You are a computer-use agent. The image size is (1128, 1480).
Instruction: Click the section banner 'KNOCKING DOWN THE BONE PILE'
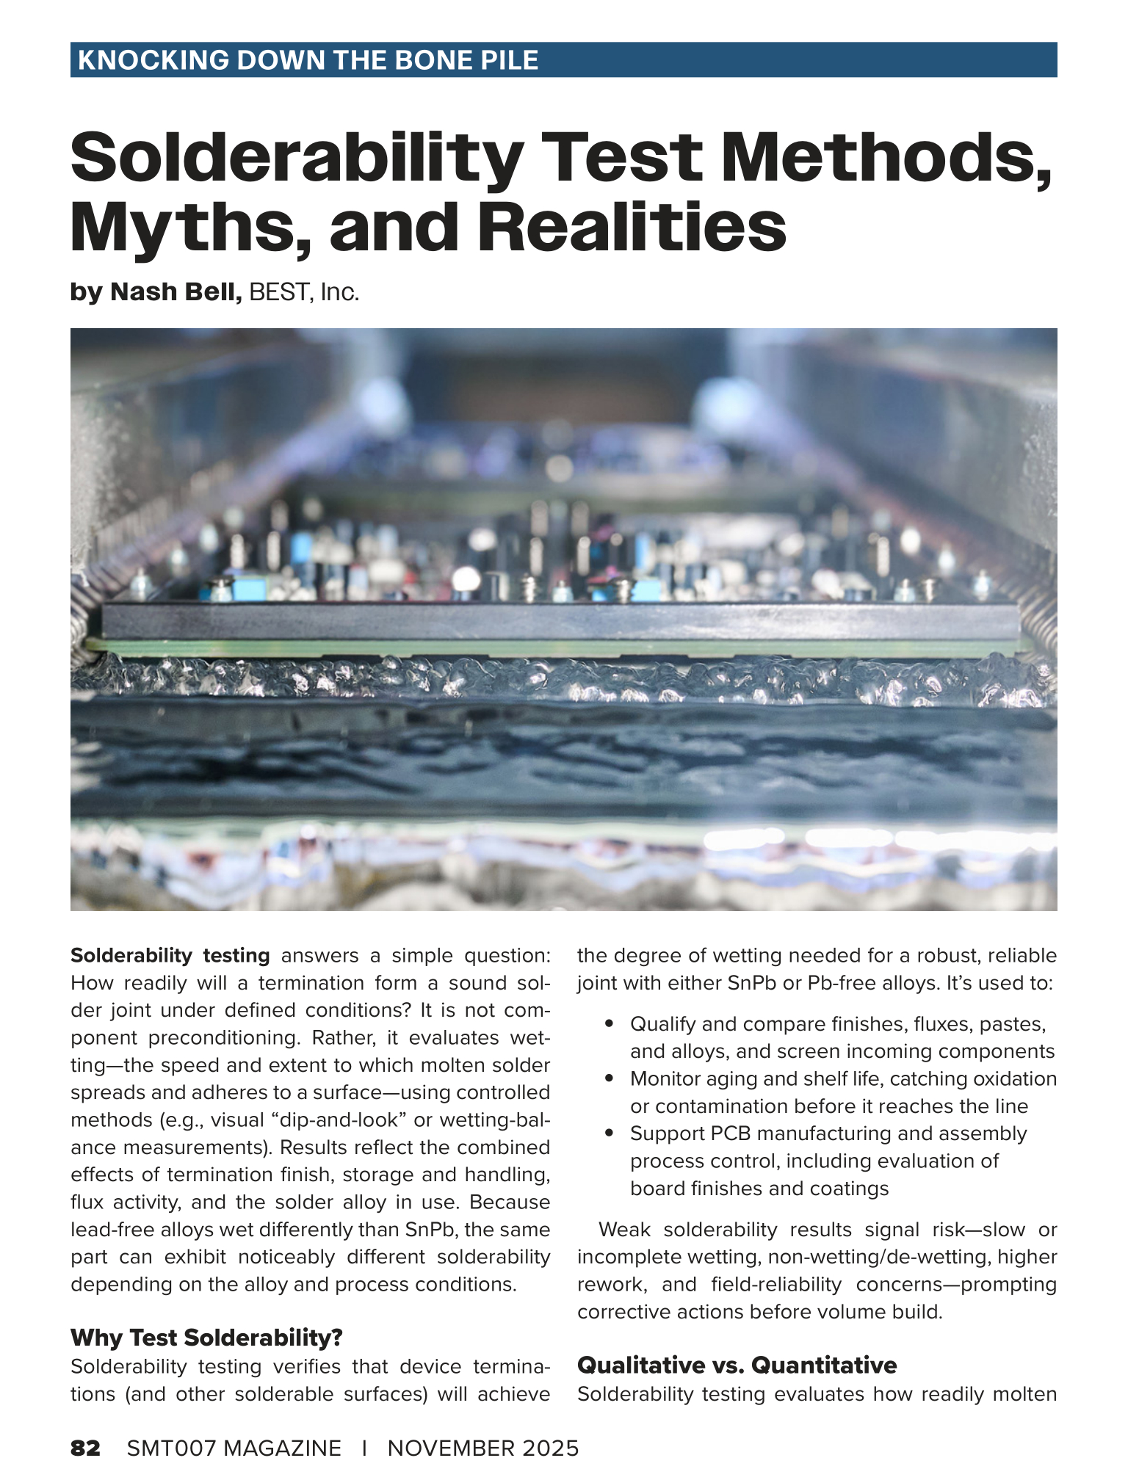click(x=308, y=60)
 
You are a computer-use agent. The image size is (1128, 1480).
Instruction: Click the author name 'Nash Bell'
click(x=176, y=292)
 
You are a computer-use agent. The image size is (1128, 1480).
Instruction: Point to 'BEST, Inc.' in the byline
click(x=304, y=292)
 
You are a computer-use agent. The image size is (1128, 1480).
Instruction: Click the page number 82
click(x=85, y=1448)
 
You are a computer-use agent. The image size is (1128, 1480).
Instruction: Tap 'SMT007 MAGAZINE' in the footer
click(x=234, y=1448)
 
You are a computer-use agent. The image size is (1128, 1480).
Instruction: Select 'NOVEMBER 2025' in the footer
click(x=483, y=1448)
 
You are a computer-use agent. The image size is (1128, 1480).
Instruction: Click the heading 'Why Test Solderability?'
click(x=206, y=1338)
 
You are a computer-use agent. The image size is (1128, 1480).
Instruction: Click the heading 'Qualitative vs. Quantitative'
click(x=737, y=1365)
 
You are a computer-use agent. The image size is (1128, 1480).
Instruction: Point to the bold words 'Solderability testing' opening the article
click(x=170, y=955)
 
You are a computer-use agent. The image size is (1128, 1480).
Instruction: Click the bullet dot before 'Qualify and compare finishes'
click(x=608, y=1023)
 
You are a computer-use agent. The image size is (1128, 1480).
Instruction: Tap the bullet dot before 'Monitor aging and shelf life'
click(x=608, y=1078)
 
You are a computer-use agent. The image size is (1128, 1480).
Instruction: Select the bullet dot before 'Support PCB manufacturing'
click(x=608, y=1133)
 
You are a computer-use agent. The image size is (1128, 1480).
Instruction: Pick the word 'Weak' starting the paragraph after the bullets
click(x=624, y=1230)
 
